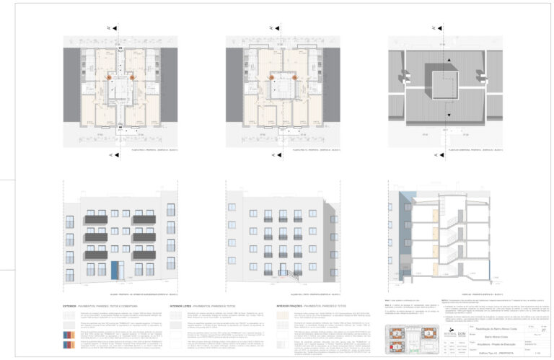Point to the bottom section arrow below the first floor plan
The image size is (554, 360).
110,154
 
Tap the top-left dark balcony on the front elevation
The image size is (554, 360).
96,219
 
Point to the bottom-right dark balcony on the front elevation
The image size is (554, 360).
144,255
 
